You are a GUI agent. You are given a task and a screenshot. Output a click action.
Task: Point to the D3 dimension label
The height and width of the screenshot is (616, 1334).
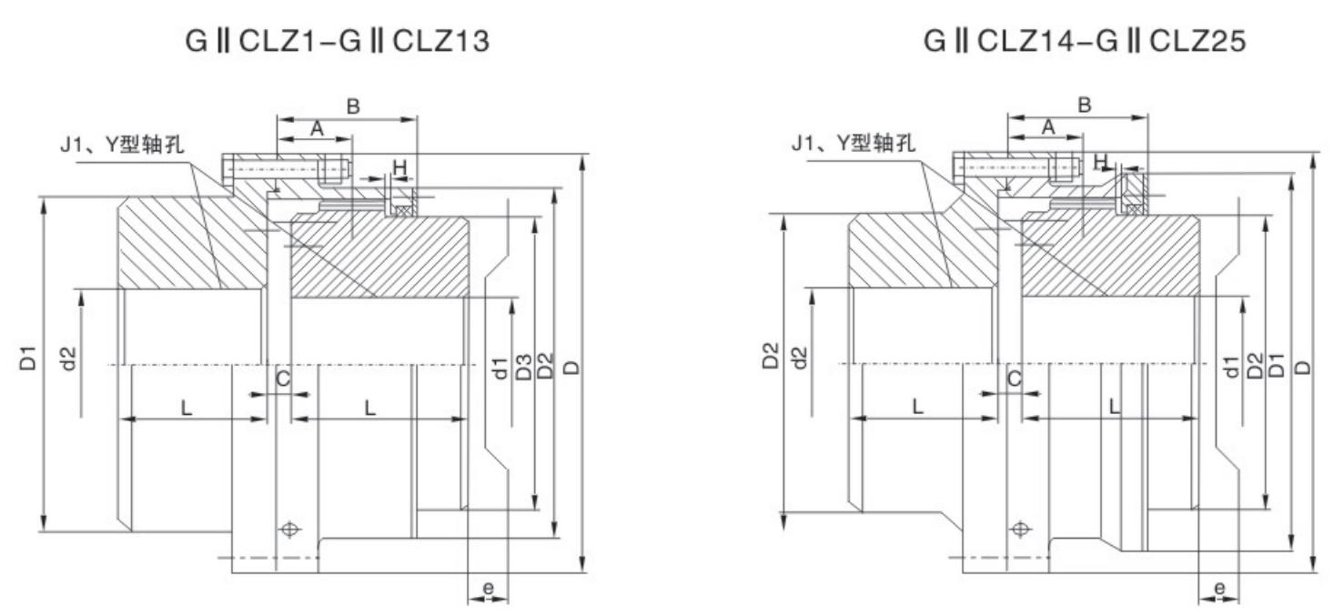(524, 369)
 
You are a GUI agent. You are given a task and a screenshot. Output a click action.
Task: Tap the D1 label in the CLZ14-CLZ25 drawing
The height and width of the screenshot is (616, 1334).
(1278, 368)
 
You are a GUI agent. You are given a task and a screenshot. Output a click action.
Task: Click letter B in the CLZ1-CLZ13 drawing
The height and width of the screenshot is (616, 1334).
(353, 106)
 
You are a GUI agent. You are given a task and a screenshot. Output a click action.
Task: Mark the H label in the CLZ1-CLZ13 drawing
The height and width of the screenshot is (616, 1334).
(399, 167)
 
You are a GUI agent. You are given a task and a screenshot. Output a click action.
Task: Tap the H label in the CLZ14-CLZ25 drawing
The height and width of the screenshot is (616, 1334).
(1100, 161)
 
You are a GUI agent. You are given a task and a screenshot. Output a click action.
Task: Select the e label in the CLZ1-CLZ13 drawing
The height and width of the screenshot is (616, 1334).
(489, 588)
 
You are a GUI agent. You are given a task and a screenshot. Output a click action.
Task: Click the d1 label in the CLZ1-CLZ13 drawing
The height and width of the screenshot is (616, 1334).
(500, 369)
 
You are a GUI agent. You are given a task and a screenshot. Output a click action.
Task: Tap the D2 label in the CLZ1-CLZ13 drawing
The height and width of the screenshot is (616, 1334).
(546, 369)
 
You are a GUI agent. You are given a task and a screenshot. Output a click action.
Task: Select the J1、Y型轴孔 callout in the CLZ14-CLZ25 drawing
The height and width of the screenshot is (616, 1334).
(854, 143)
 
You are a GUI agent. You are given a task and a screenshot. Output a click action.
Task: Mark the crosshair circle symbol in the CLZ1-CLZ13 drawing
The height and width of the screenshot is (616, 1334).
(289, 529)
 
